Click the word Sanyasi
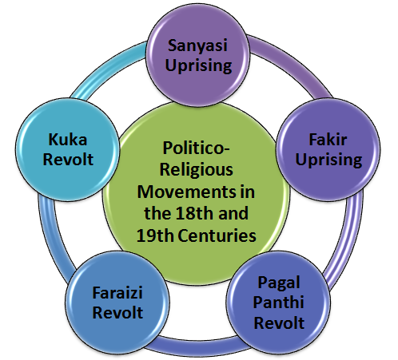tap(197, 45)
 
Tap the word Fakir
tap(328, 140)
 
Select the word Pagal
tap(279, 283)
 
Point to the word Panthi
tap(279, 302)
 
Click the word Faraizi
tap(117, 293)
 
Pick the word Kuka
tap(68, 140)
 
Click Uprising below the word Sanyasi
tap(198, 66)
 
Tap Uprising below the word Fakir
tap(328, 160)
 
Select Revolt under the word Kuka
tap(68, 160)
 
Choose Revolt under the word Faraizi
tap(117, 312)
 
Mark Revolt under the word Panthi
tap(279, 322)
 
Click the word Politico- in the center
tap(196, 148)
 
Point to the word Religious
tap(197, 170)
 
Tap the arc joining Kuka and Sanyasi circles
tap(105, 66)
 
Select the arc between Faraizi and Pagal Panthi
tap(197, 346)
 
